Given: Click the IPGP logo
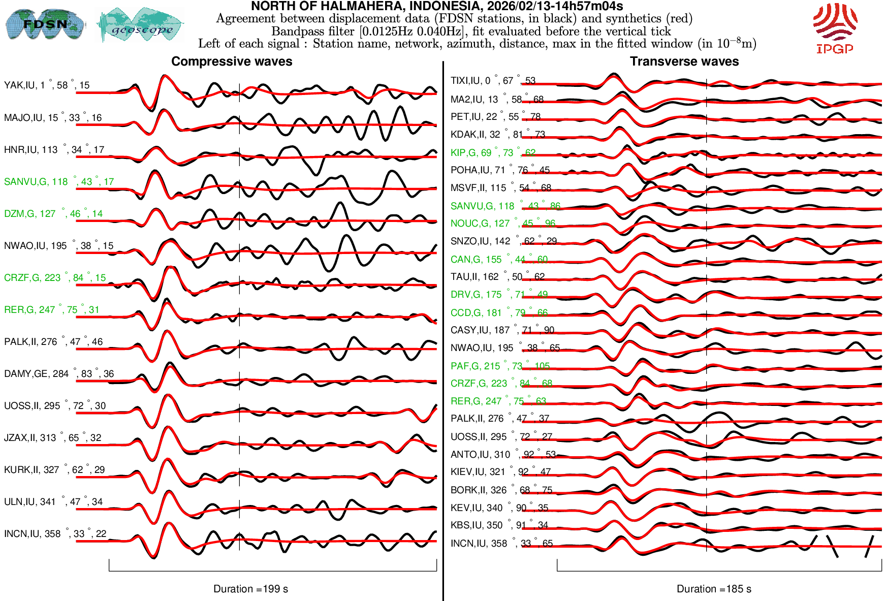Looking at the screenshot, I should click(x=835, y=28).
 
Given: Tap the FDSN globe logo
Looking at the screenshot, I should click(x=45, y=24).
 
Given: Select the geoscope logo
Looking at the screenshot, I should click(x=140, y=25).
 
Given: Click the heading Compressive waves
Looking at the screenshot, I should click(x=232, y=61).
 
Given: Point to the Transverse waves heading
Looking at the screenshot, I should click(x=684, y=61).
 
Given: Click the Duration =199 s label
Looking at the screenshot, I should click(x=250, y=589).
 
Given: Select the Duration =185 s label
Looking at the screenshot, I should click(x=714, y=589).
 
